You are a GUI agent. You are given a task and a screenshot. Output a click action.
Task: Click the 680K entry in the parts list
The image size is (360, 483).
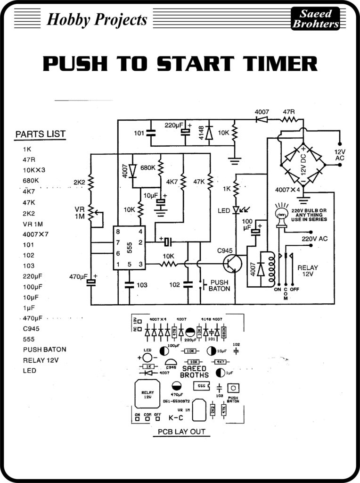31,181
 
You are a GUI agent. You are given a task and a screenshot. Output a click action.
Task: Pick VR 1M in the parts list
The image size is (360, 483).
33,224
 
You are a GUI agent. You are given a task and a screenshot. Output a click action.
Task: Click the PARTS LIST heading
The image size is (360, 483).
40,134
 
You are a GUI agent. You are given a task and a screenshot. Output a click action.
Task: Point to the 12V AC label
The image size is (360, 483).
340,155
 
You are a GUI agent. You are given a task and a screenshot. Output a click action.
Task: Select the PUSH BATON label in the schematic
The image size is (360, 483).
220,285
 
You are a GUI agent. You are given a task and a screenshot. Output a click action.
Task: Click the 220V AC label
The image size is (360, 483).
314,239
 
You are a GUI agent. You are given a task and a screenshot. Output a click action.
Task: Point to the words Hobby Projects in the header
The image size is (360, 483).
97,19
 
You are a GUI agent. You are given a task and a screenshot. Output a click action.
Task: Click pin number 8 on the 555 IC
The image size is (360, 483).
118,231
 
